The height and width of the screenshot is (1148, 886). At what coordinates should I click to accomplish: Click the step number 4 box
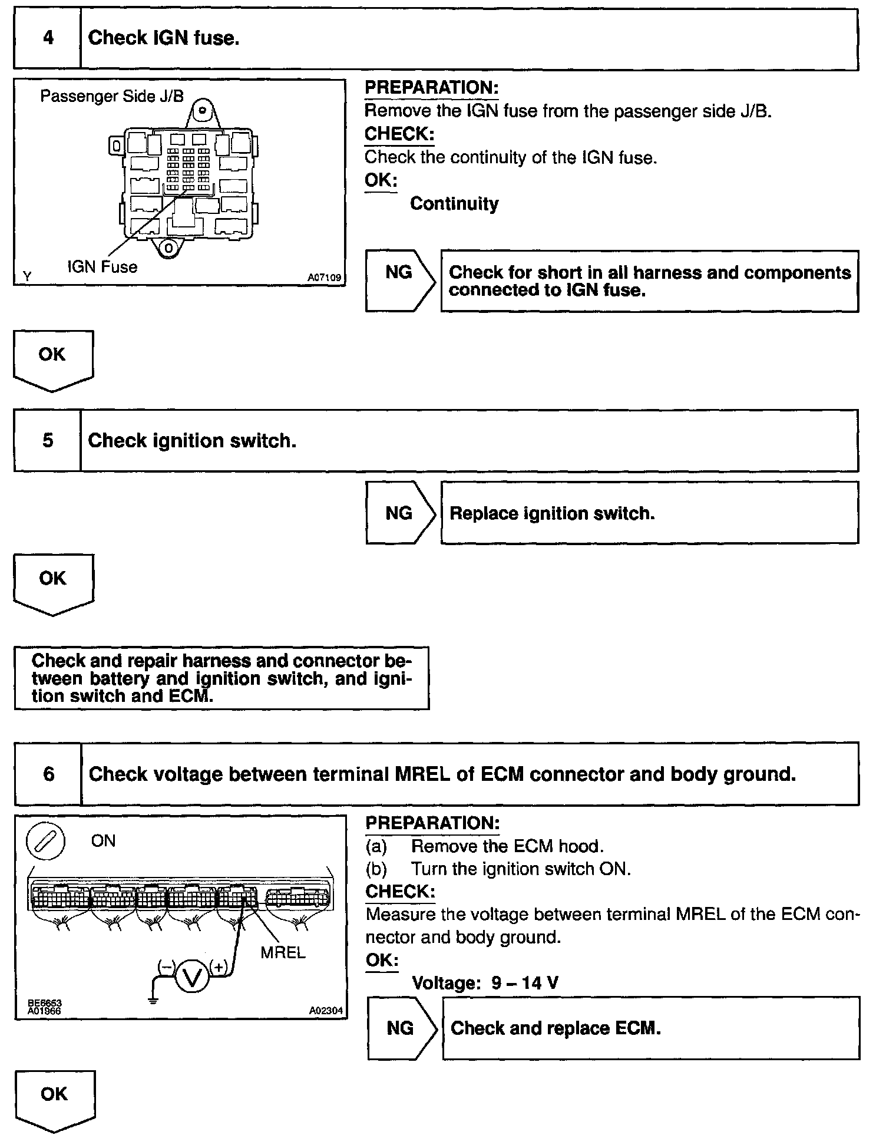pyautogui.click(x=48, y=39)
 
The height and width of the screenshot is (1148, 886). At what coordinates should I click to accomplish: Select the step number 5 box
pyautogui.click(x=48, y=441)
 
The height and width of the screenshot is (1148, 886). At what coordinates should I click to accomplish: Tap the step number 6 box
pyautogui.click(x=48, y=774)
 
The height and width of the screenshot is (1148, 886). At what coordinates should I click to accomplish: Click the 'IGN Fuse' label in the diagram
pyautogui.click(x=102, y=267)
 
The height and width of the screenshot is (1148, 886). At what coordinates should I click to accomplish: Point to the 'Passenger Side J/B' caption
pyautogui.click(x=112, y=96)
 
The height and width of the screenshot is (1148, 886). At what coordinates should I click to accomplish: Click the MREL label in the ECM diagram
pyautogui.click(x=283, y=953)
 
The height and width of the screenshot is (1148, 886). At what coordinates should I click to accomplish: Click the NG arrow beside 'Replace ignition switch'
pyautogui.click(x=399, y=513)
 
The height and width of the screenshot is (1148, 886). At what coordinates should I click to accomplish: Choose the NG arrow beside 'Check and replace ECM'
pyautogui.click(x=401, y=1028)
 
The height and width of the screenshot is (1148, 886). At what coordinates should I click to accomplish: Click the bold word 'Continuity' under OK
pyautogui.click(x=454, y=204)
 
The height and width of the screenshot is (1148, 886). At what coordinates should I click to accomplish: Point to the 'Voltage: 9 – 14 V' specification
pyautogui.click(x=485, y=983)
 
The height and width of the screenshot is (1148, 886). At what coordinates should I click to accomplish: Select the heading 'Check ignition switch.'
pyautogui.click(x=192, y=441)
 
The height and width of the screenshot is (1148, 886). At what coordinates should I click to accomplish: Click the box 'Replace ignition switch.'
pyautogui.click(x=649, y=513)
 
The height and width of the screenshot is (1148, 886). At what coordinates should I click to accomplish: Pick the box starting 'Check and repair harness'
pyautogui.click(x=221, y=678)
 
